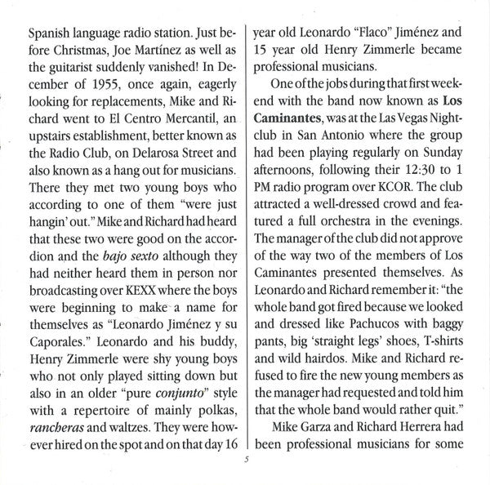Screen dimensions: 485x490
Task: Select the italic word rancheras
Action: pyautogui.click(x=56, y=461)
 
